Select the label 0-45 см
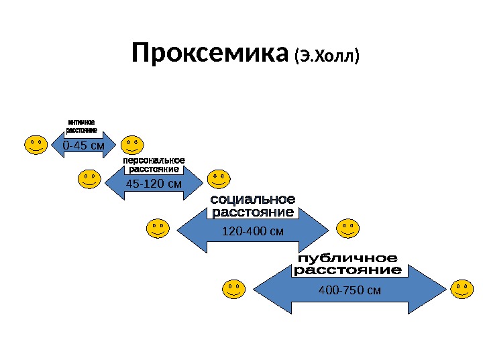83,145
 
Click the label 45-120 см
154,182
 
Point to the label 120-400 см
253,232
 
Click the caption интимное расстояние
82,126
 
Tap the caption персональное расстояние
154,165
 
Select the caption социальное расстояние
253,206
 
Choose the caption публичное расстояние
347,265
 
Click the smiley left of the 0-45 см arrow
36,145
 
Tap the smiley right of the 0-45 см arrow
131,145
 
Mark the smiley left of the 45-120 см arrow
90,179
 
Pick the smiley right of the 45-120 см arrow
218,179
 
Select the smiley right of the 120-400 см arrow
347,229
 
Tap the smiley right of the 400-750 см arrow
462,289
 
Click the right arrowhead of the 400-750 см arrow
433,290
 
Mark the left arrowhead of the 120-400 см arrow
188,231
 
